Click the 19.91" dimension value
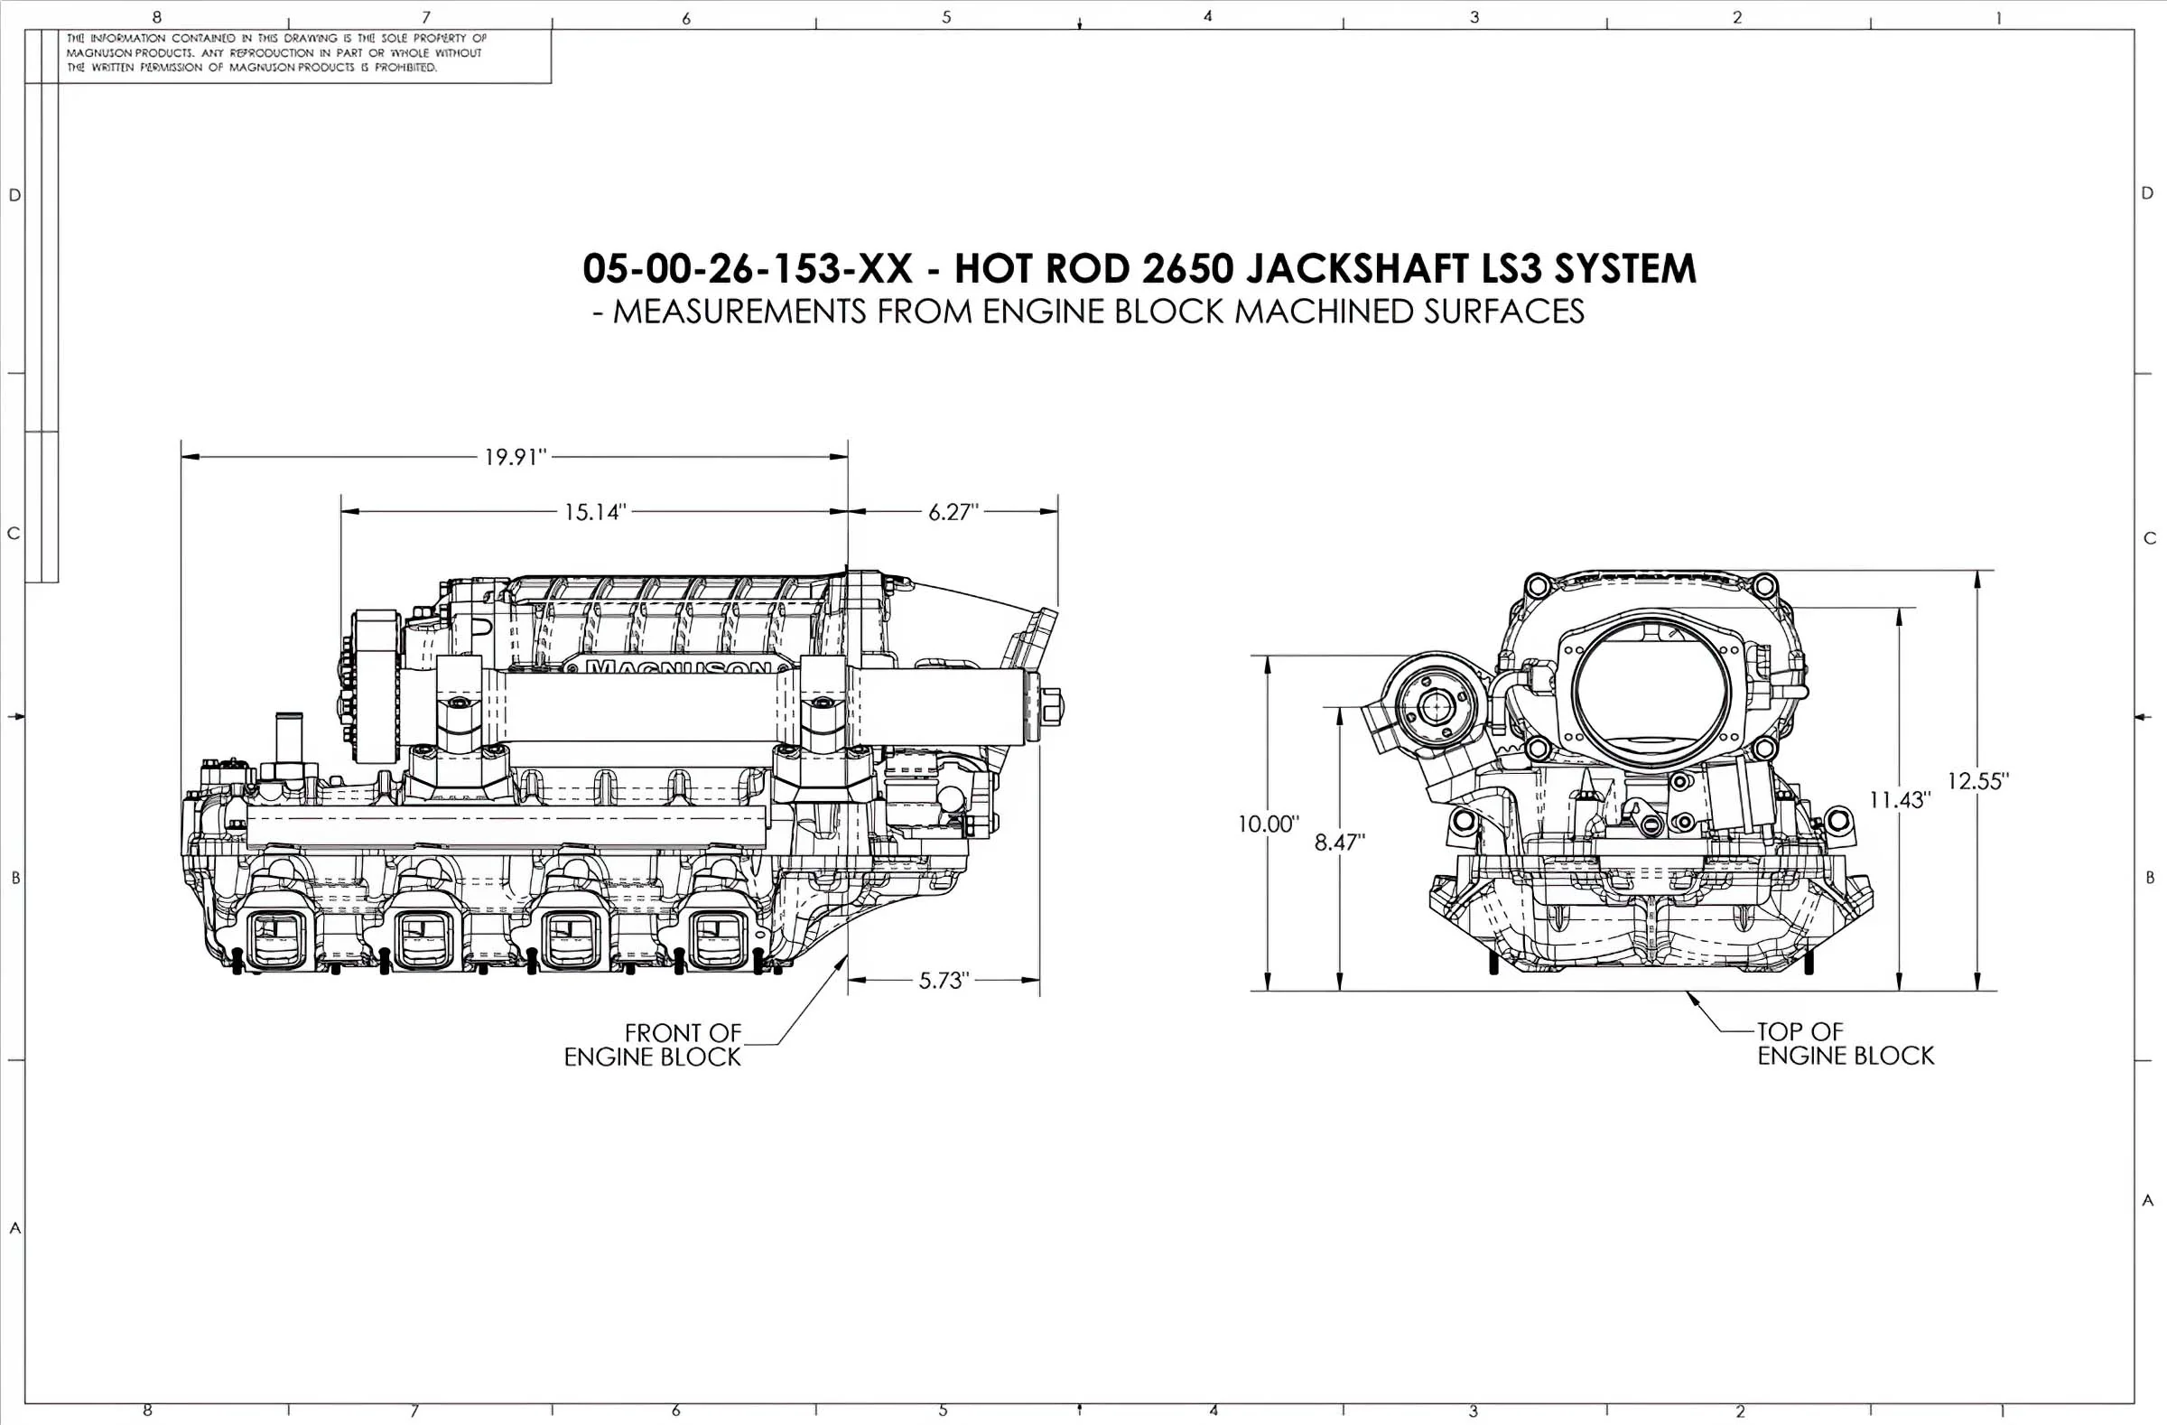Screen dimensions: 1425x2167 (515, 457)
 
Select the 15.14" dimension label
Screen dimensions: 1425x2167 (595, 512)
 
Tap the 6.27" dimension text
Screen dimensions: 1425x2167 (953, 512)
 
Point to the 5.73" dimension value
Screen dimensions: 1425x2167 (944, 981)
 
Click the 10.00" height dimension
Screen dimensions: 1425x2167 (1268, 824)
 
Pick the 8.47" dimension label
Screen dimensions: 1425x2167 (1339, 843)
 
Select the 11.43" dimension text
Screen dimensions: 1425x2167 (1900, 800)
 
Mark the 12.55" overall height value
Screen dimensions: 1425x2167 (1977, 781)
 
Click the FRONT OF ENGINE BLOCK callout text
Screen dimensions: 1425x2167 (653, 1046)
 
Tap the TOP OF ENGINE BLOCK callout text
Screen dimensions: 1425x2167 (1845, 1044)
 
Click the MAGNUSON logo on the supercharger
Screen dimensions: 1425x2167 (678, 666)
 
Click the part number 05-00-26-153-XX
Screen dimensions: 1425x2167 (747, 268)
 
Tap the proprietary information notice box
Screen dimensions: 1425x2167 (304, 53)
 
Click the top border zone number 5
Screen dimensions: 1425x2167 (946, 17)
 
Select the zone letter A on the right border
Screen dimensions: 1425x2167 (2148, 1201)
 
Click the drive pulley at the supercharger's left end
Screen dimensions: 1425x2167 (374, 686)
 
